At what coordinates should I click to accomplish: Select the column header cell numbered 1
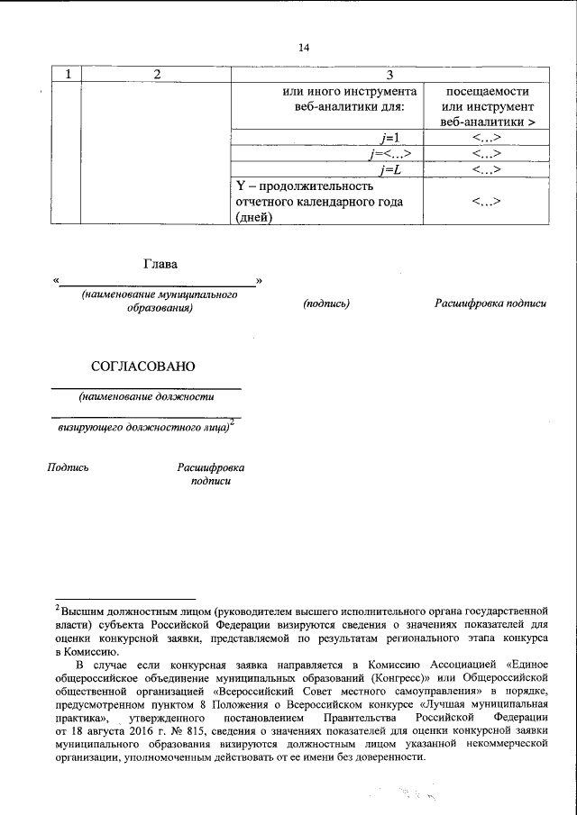68,74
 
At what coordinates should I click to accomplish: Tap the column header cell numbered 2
157,74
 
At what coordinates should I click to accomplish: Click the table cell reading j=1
389,137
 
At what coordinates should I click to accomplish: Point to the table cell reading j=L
390,168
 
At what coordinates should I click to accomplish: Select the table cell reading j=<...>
389,153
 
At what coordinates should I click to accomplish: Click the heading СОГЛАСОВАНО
142,367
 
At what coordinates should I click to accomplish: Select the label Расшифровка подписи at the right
490,304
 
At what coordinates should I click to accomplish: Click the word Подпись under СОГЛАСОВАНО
68,467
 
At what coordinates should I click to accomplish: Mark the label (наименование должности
146,396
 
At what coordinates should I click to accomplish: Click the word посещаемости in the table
487,92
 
